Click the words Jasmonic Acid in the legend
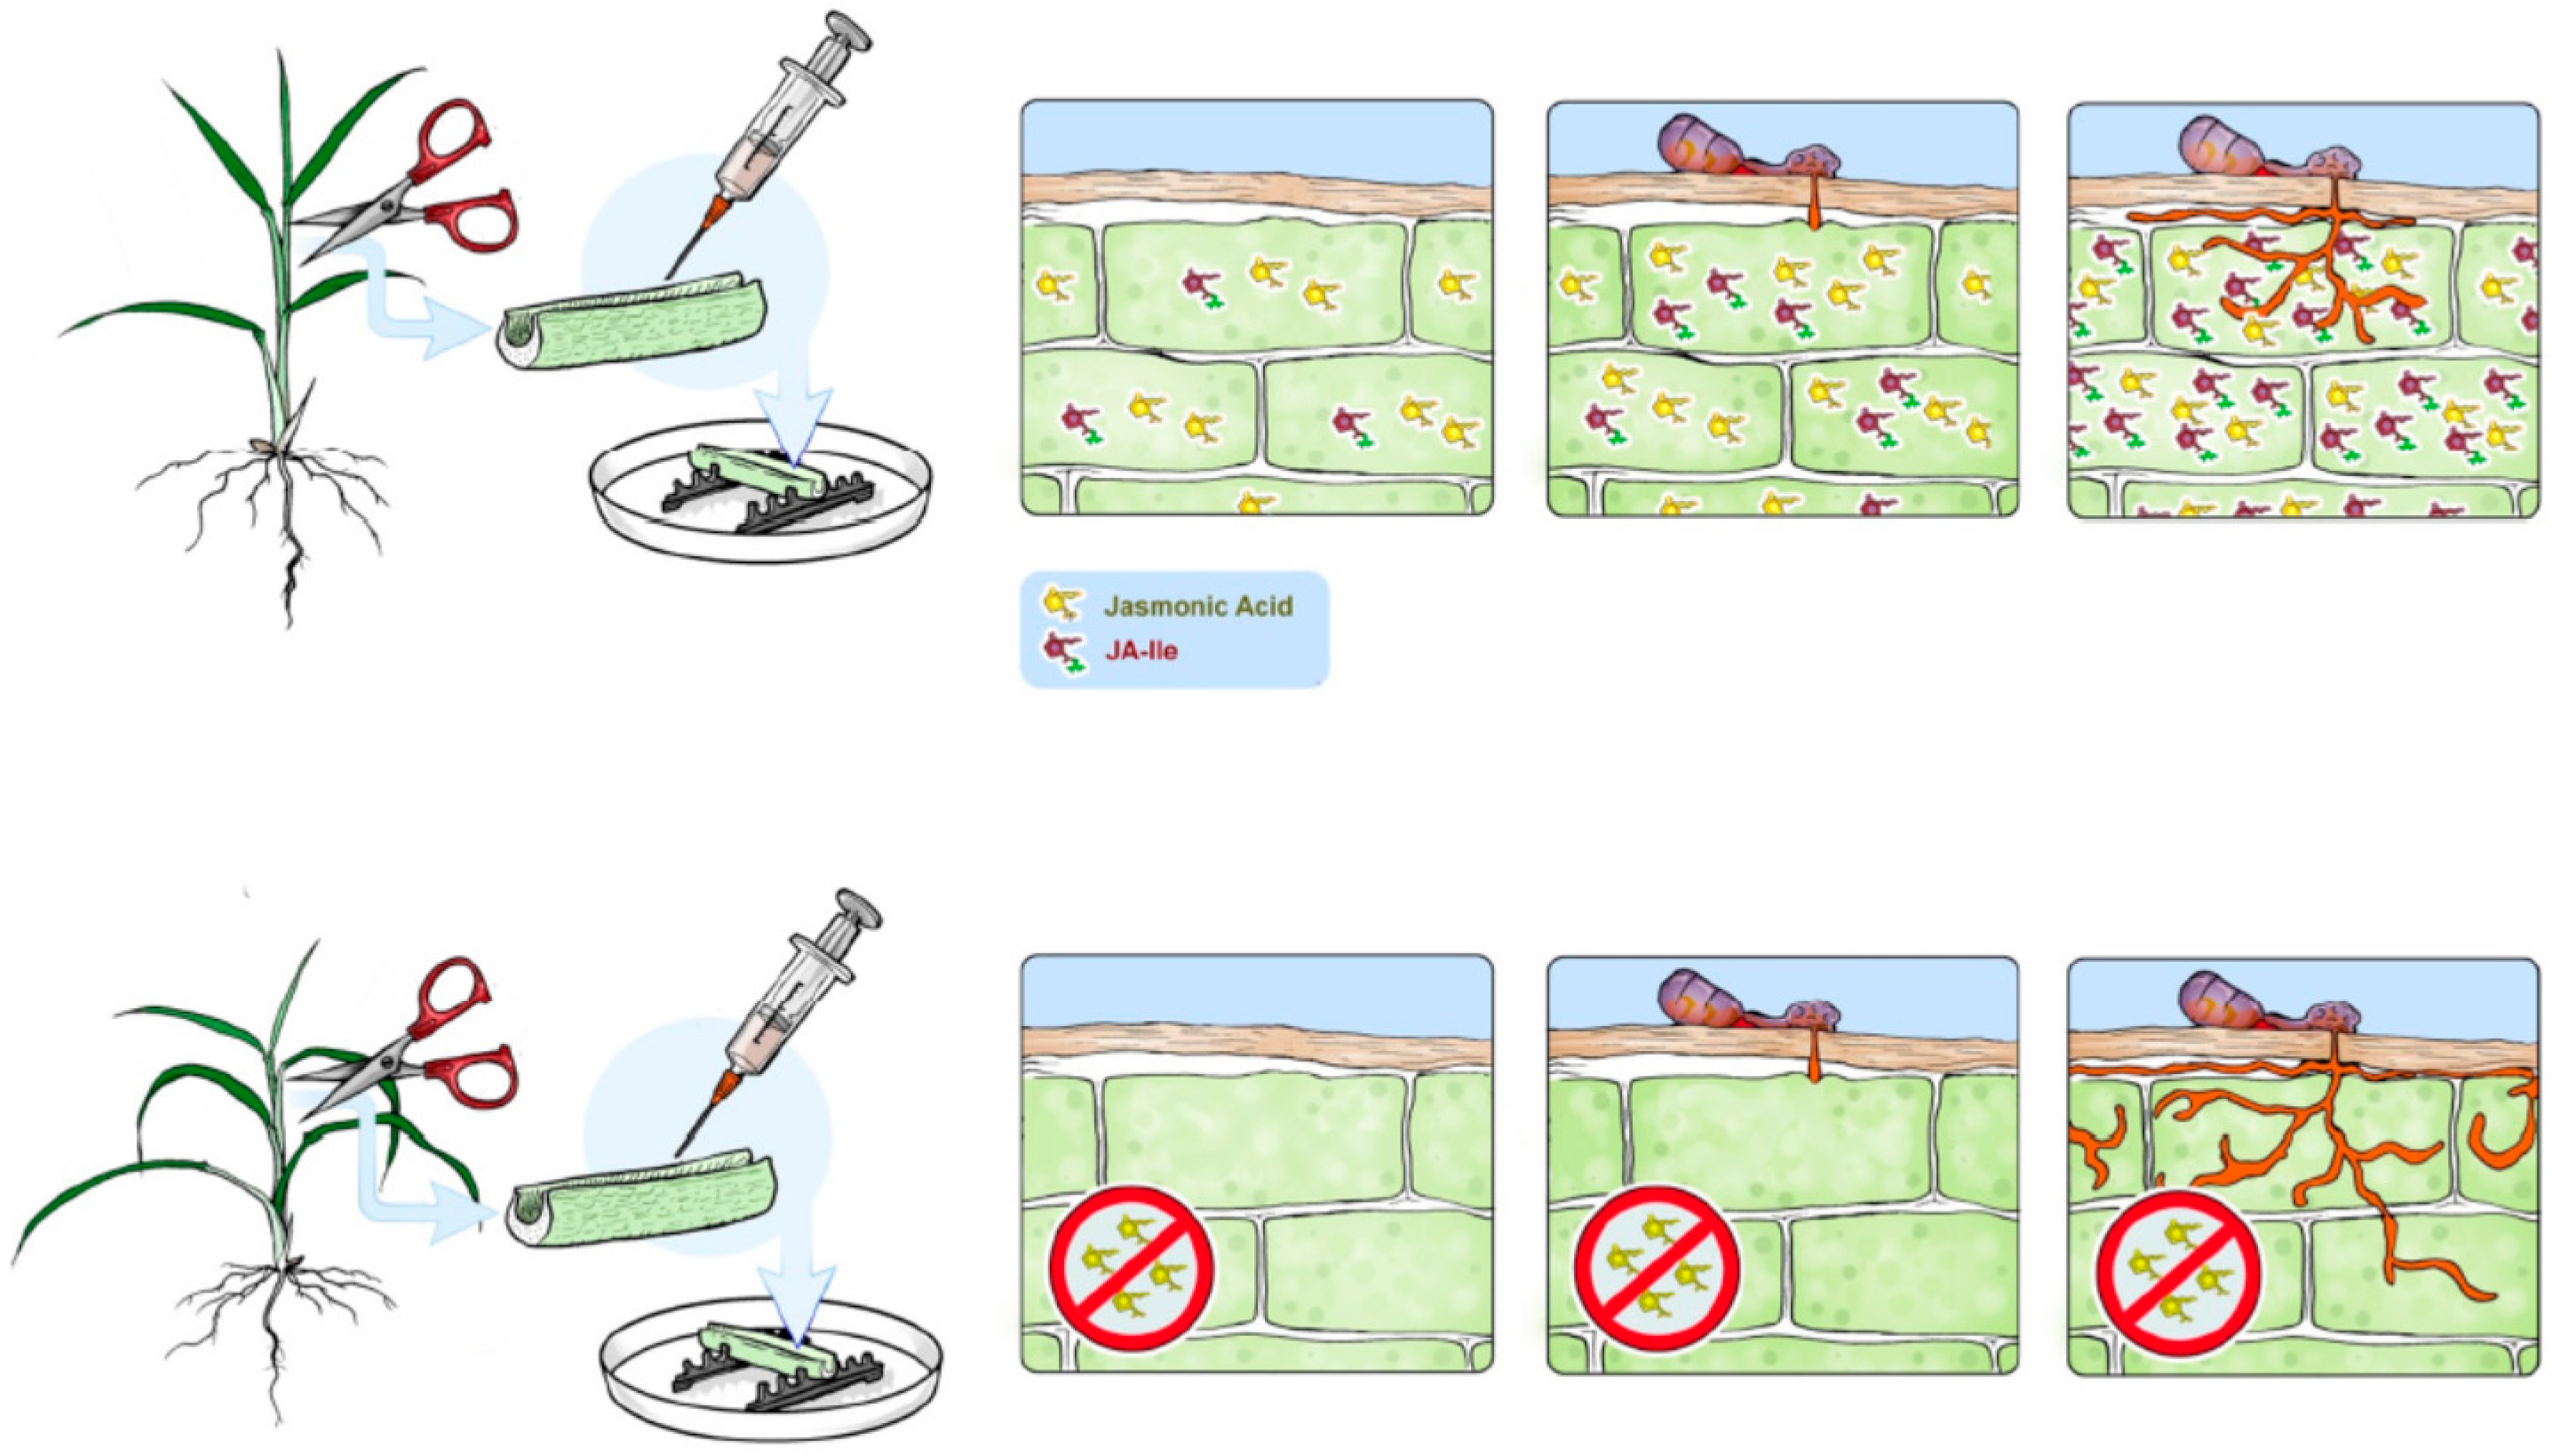1197,606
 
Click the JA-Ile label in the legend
1141,651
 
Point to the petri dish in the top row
759,490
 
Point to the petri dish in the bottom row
770,1365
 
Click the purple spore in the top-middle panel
1699,146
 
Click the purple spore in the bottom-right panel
2219,1004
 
